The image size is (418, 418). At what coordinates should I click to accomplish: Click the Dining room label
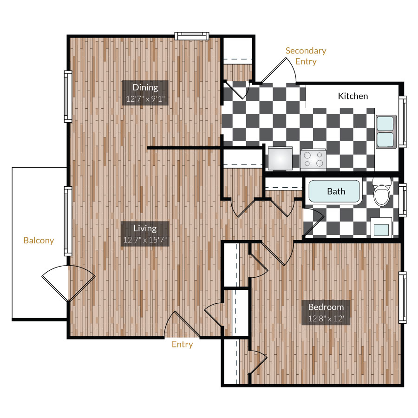click(x=145, y=87)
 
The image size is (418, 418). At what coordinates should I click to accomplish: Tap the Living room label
click(x=145, y=229)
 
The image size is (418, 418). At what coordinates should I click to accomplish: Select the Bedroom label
click(x=326, y=307)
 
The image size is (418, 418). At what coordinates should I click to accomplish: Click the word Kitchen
click(x=353, y=96)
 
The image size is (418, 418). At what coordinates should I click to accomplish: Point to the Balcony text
click(x=39, y=241)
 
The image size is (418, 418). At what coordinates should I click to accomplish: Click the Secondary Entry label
click(x=306, y=56)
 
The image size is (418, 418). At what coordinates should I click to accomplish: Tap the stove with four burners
click(x=313, y=159)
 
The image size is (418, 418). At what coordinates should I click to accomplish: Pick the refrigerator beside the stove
click(x=280, y=158)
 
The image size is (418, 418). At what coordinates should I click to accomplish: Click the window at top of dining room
click(x=191, y=36)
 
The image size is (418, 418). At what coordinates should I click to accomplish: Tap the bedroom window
click(x=402, y=297)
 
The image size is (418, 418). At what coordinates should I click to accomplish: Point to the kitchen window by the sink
click(x=403, y=122)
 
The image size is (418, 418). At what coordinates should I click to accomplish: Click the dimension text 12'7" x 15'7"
click(x=145, y=240)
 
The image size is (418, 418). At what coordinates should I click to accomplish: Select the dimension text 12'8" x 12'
click(x=326, y=319)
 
